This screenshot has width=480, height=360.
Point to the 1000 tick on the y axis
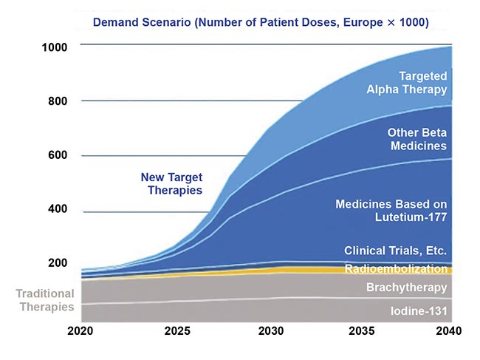55,47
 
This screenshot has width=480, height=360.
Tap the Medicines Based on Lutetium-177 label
391,211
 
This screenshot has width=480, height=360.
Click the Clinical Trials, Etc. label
395,250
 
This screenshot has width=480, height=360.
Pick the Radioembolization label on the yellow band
396,269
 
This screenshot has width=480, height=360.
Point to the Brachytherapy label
406,288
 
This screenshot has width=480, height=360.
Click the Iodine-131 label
418,311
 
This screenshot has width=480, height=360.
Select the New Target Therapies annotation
171,184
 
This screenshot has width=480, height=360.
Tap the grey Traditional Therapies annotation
45,300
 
